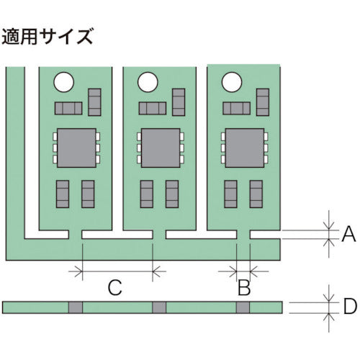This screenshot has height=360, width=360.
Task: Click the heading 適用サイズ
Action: pos(48,36)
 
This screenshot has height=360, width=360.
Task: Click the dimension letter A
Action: pos(348,233)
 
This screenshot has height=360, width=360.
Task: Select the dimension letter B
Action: pos(243,289)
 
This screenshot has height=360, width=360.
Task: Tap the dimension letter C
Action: pos(114,289)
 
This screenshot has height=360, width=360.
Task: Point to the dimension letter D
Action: pos(349,307)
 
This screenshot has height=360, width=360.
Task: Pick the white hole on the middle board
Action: pos(148,82)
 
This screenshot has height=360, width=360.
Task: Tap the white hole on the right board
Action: pos(232,82)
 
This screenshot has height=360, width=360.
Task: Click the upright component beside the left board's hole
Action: pos(94,102)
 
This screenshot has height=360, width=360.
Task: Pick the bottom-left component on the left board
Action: pos(63,194)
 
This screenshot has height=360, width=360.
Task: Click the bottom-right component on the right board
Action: pos(256,194)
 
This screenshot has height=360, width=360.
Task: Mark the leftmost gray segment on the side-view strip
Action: pos(75,307)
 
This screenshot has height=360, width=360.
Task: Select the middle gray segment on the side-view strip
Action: pos(159,307)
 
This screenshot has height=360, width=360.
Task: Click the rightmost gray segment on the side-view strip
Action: pos(243,307)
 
